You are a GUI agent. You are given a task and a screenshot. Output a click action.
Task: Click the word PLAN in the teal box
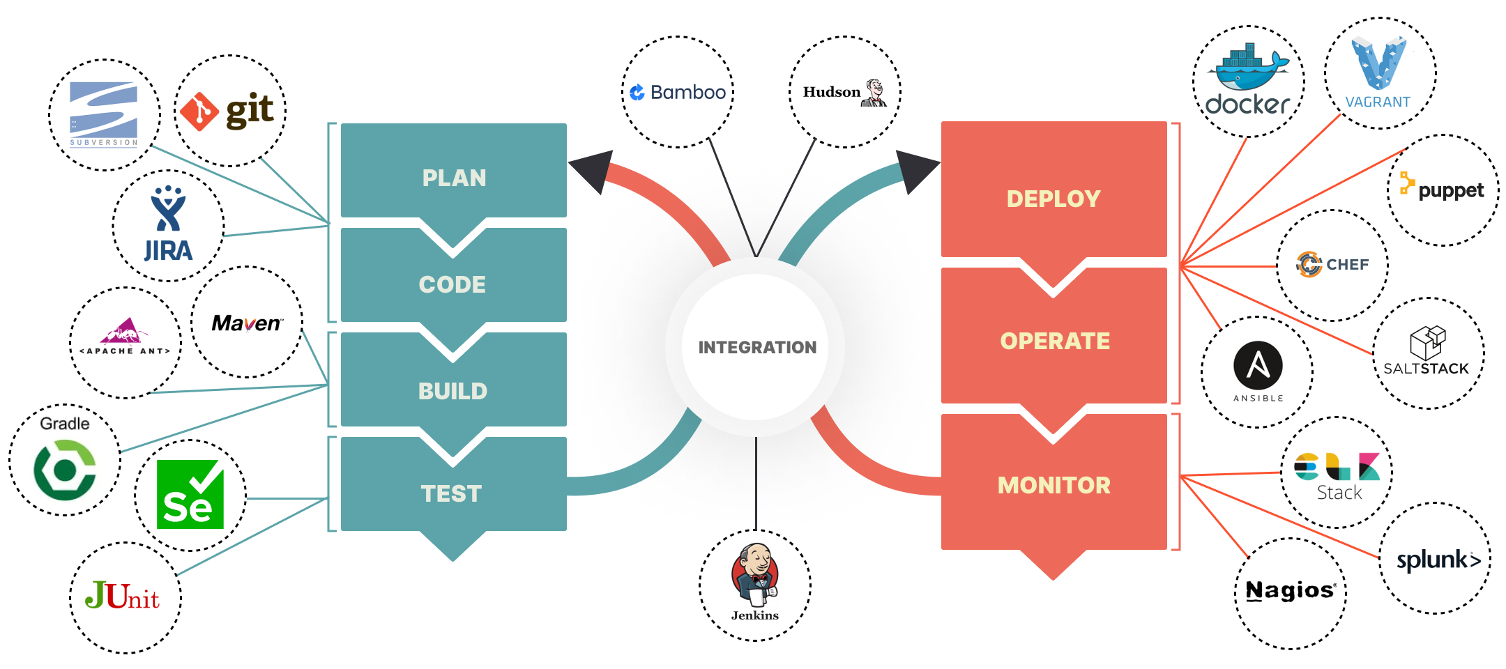[x=454, y=178]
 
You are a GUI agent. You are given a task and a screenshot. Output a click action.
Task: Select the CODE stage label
[x=452, y=284]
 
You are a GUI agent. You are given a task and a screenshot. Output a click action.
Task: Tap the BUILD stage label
[x=452, y=391]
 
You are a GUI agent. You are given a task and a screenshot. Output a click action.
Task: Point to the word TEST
[x=451, y=493]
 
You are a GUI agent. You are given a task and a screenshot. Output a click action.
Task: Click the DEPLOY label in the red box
[x=1053, y=199]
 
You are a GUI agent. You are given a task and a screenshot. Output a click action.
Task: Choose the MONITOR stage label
[x=1054, y=485]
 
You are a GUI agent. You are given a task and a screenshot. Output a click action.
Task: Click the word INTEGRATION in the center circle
[x=756, y=347]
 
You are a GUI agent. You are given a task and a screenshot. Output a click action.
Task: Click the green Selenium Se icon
[x=190, y=494]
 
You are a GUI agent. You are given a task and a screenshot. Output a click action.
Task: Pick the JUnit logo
[x=122, y=596]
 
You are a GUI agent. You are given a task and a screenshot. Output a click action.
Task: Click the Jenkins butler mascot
[x=755, y=574]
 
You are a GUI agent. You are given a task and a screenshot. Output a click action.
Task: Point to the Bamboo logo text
[x=678, y=92]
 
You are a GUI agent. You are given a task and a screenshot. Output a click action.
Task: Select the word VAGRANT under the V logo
[x=1378, y=102]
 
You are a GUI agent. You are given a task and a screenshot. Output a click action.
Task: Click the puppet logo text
[x=1450, y=190]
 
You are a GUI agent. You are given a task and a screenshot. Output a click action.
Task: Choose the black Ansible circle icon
[x=1258, y=365]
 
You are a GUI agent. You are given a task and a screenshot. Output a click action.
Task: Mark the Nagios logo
[x=1290, y=591]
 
